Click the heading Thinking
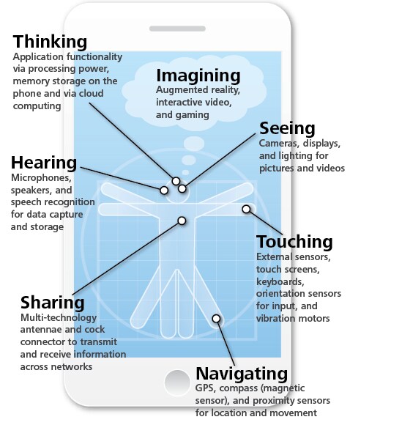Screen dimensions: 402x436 point(50,42)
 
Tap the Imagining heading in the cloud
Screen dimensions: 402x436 point(198,76)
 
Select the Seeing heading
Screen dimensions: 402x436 point(287,128)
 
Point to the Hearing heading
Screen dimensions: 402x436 point(44,163)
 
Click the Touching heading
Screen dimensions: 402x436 point(294,241)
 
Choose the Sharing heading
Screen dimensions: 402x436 point(53,303)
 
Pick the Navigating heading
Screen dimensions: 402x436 point(242,374)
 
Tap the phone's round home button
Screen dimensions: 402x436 point(177,383)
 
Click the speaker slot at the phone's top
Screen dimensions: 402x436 point(177,29)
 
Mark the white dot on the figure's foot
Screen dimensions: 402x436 point(216,319)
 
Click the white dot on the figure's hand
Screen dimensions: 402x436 point(246,209)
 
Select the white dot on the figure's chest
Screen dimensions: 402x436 point(182,221)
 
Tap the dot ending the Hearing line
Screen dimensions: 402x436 point(164,191)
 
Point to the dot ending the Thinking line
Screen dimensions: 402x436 point(176,181)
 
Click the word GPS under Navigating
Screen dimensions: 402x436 point(205,388)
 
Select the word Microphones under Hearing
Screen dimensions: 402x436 point(41,177)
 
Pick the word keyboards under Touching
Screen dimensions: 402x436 point(280,281)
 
